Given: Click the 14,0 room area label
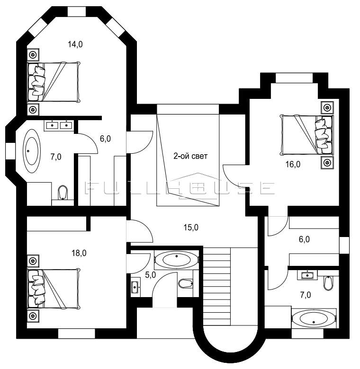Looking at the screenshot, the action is click(x=75, y=44).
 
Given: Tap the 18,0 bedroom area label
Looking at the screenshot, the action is click(x=79, y=253).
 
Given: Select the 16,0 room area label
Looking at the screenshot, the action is click(x=293, y=164).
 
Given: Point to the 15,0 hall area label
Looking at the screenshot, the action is click(x=191, y=228).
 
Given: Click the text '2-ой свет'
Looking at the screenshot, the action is click(x=190, y=156).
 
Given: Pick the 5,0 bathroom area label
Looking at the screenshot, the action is click(x=150, y=275).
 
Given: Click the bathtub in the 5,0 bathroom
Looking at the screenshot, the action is click(x=177, y=260).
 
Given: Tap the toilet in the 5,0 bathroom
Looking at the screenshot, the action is click(x=185, y=283).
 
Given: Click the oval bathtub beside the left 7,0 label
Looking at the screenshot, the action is click(x=31, y=151).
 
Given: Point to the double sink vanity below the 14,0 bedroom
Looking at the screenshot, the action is click(x=59, y=125).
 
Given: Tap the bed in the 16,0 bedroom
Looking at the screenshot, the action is click(x=307, y=135).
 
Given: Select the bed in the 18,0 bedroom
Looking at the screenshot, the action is click(x=54, y=289).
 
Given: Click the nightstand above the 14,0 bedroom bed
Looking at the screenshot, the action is click(x=33, y=55).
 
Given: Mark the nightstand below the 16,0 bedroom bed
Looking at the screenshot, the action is click(x=327, y=162).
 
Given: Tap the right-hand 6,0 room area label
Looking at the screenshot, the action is click(x=304, y=239).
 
